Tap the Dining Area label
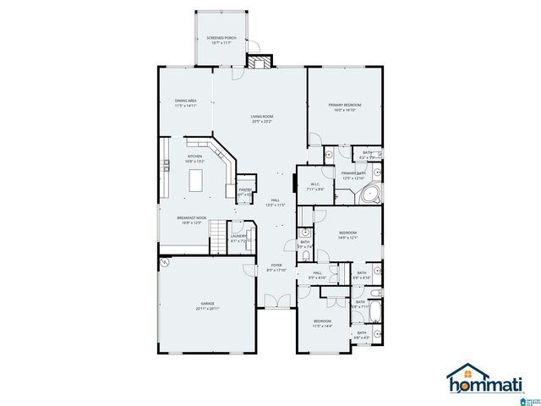[x=185, y=103]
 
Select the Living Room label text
[x=261, y=118]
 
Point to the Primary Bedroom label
[x=345, y=107]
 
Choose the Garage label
[x=207, y=305]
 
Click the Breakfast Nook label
[x=191, y=220]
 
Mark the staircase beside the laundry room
[x=218, y=233]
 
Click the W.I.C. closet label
[x=314, y=187]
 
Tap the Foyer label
[x=276, y=268]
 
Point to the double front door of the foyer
[x=276, y=300]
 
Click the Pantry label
[x=245, y=192]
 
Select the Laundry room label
[x=238, y=239]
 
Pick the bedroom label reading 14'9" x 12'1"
[x=347, y=235]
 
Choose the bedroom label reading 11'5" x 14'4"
[x=322, y=324]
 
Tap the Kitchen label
[x=194, y=158]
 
